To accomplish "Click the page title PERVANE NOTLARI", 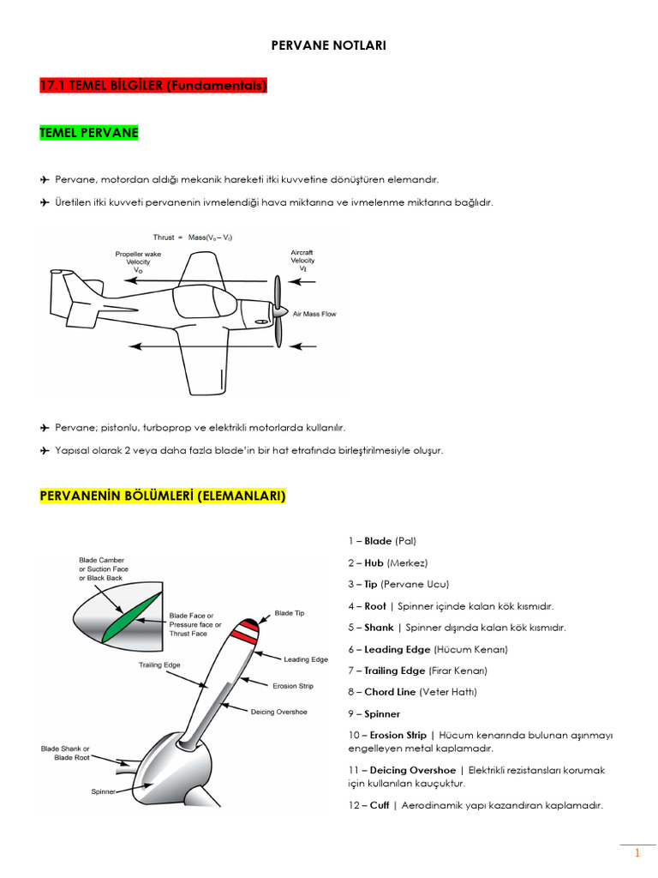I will tap(329, 45).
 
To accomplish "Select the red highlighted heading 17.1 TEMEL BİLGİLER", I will tap(153, 86).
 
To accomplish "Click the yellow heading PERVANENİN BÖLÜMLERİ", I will tap(163, 496).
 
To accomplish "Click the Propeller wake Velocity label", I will tap(138, 262).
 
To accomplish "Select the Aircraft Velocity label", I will tap(302, 260).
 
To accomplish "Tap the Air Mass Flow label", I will tap(314, 315).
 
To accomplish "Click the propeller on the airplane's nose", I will tap(278, 311).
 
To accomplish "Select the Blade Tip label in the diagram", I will tap(290, 613).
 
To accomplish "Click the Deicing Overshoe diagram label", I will tap(278, 712).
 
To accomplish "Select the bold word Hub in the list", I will tap(374, 562).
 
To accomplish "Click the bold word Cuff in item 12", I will tap(379, 805).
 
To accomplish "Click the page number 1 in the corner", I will tap(637, 854).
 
